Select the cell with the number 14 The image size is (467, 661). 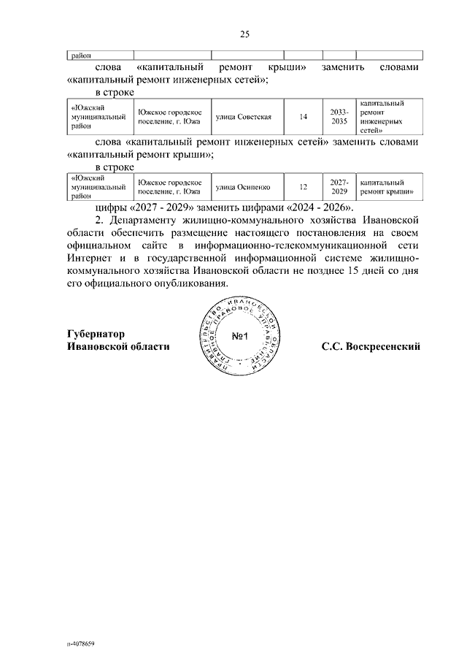[x=304, y=115]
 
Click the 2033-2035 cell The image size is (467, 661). [x=339, y=115]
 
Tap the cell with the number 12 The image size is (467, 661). [x=304, y=187]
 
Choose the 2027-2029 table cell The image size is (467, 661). [x=339, y=187]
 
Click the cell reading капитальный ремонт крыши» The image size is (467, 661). [x=387, y=187]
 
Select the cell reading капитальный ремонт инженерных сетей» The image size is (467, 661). [x=387, y=115]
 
